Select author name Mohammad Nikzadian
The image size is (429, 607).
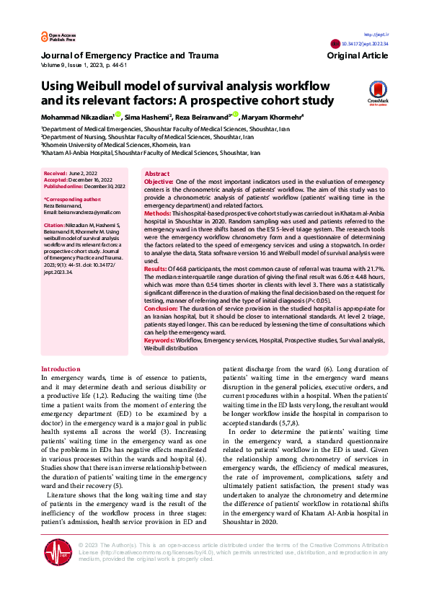79,116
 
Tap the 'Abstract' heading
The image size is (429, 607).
157,174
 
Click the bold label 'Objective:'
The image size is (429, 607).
159,182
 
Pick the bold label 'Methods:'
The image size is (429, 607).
157,214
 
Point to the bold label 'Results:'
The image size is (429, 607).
156,269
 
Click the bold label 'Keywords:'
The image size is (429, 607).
159,340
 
